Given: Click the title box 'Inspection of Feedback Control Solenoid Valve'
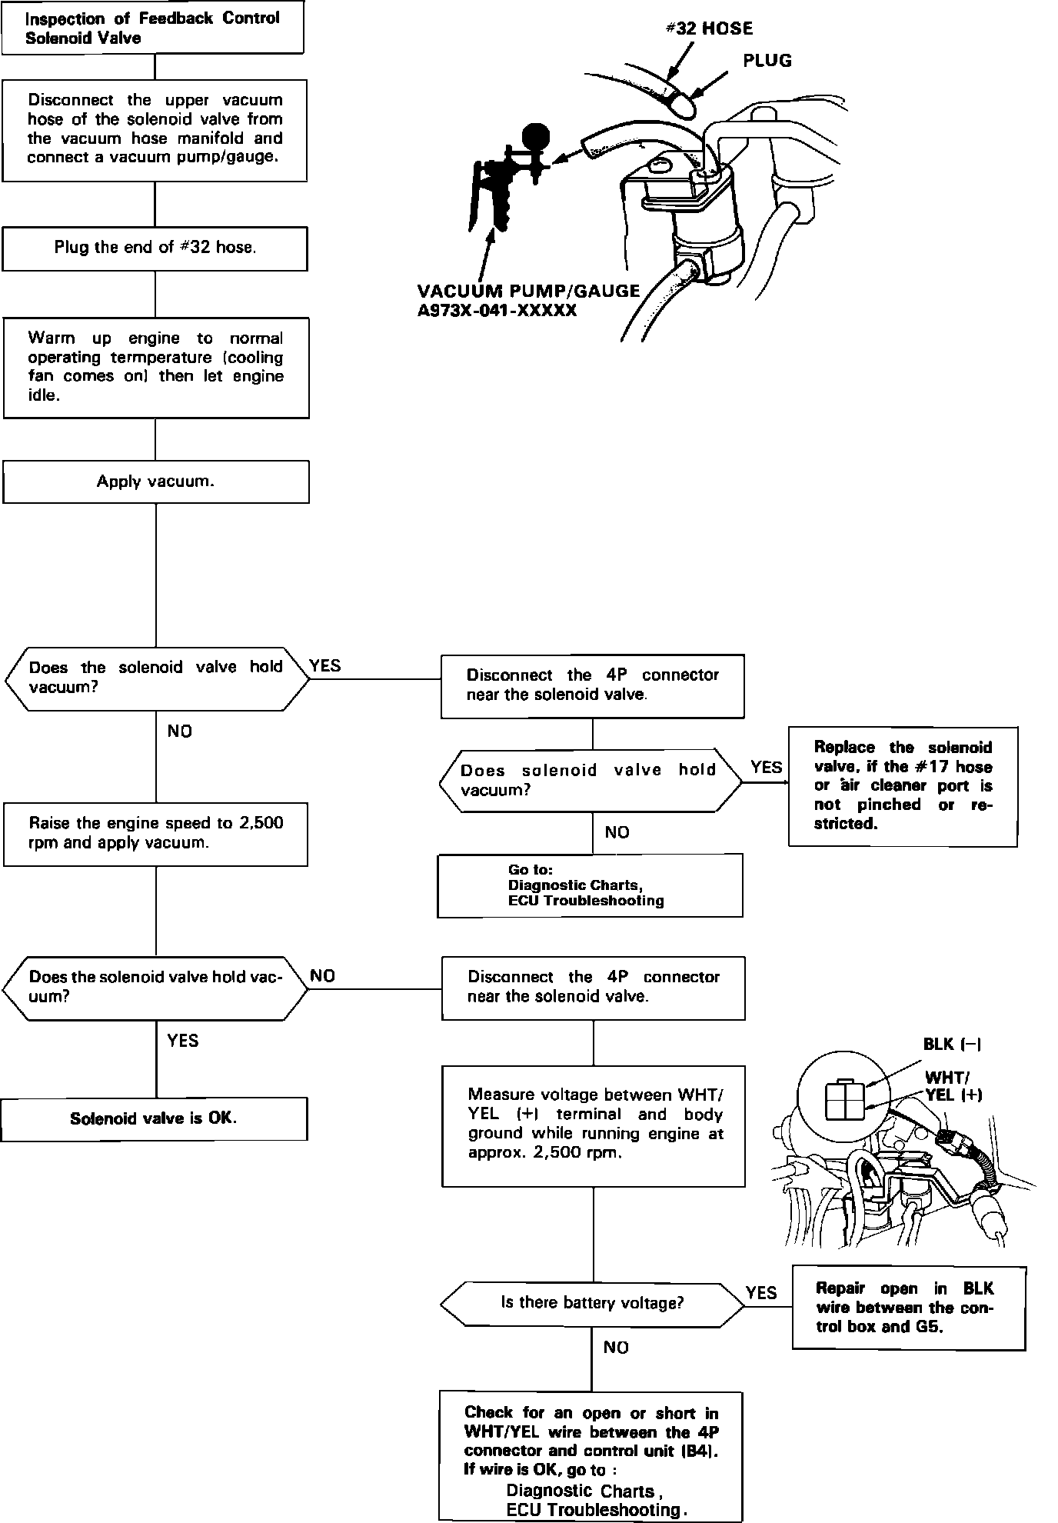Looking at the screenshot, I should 152,28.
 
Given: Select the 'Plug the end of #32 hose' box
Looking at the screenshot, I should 155,248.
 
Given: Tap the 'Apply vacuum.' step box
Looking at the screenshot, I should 155,482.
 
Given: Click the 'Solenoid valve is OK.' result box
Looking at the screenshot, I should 154,1118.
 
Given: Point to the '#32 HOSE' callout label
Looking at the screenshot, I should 708,29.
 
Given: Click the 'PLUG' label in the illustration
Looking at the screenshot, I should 767,61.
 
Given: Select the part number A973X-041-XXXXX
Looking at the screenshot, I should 497,311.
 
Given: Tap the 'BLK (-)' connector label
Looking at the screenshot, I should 952,1044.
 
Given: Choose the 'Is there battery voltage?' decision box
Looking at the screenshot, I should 592,1303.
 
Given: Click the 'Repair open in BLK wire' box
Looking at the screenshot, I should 908,1308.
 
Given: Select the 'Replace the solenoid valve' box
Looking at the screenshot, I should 903,785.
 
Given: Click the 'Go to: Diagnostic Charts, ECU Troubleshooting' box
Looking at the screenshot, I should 590,885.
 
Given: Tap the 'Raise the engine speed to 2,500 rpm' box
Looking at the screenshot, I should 155,833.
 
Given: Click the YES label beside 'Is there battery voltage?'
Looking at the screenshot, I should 761,1293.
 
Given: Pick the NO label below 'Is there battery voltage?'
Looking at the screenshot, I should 616,1348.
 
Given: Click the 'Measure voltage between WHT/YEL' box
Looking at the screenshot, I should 594,1125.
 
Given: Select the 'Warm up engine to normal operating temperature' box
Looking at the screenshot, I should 156,368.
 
